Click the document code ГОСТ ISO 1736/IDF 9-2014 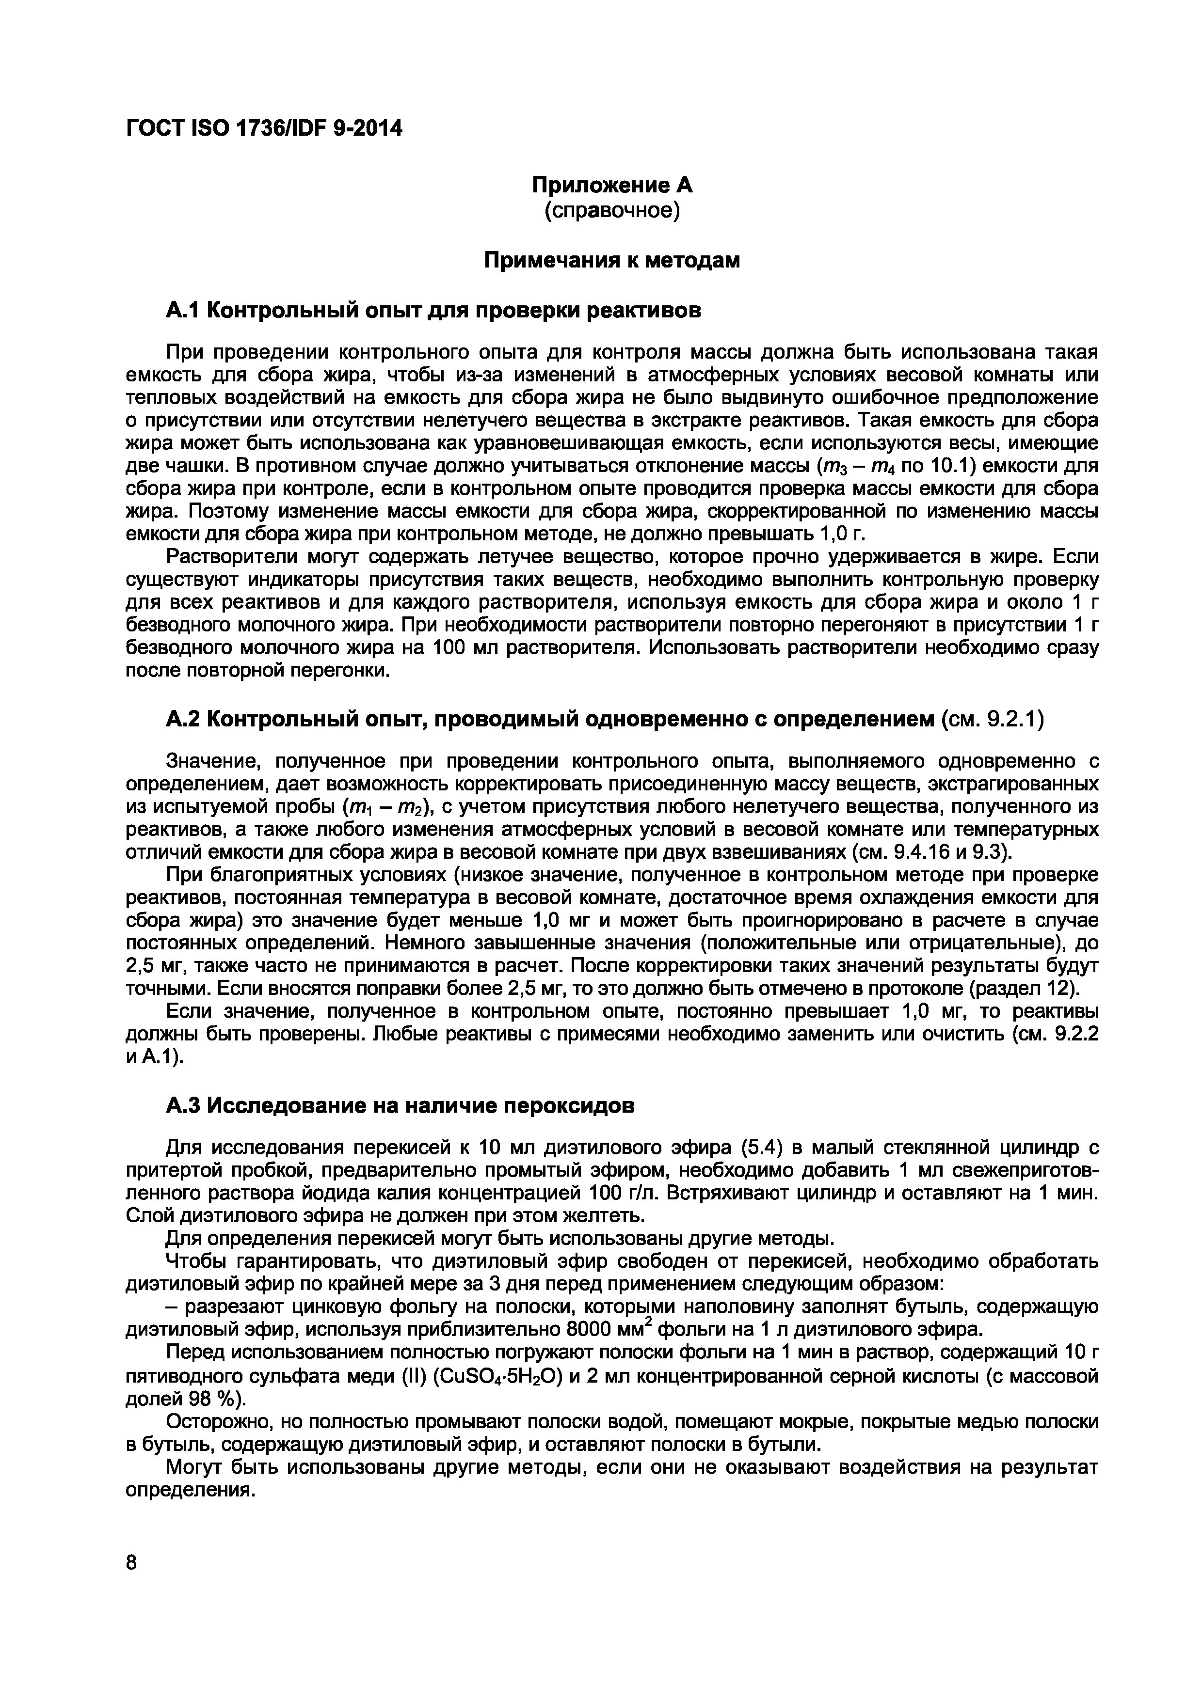pyautogui.click(x=264, y=129)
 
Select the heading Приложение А pyautogui.click(x=612, y=185)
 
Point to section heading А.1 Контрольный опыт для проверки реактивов pyautogui.click(x=433, y=310)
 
